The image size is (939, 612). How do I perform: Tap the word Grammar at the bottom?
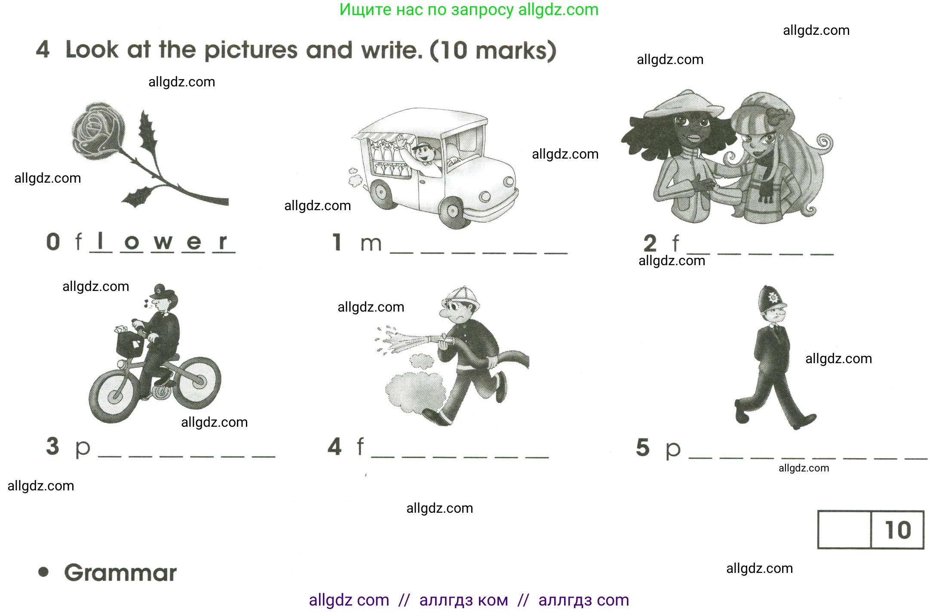click(x=120, y=573)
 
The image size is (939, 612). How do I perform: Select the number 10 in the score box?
click(x=898, y=530)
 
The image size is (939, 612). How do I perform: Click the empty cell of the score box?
click(x=844, y=530)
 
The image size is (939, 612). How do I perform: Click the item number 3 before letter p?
click(x=52, y=446)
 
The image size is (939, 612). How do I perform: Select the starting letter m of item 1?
click(x=371, y=244)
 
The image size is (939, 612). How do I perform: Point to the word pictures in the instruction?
click(x=251, y=50)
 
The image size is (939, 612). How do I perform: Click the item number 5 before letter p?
click(x=642, y=447)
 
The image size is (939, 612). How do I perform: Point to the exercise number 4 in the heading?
click(x=43, y=49)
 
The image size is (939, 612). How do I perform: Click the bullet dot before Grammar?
click(x=43, y=572)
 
